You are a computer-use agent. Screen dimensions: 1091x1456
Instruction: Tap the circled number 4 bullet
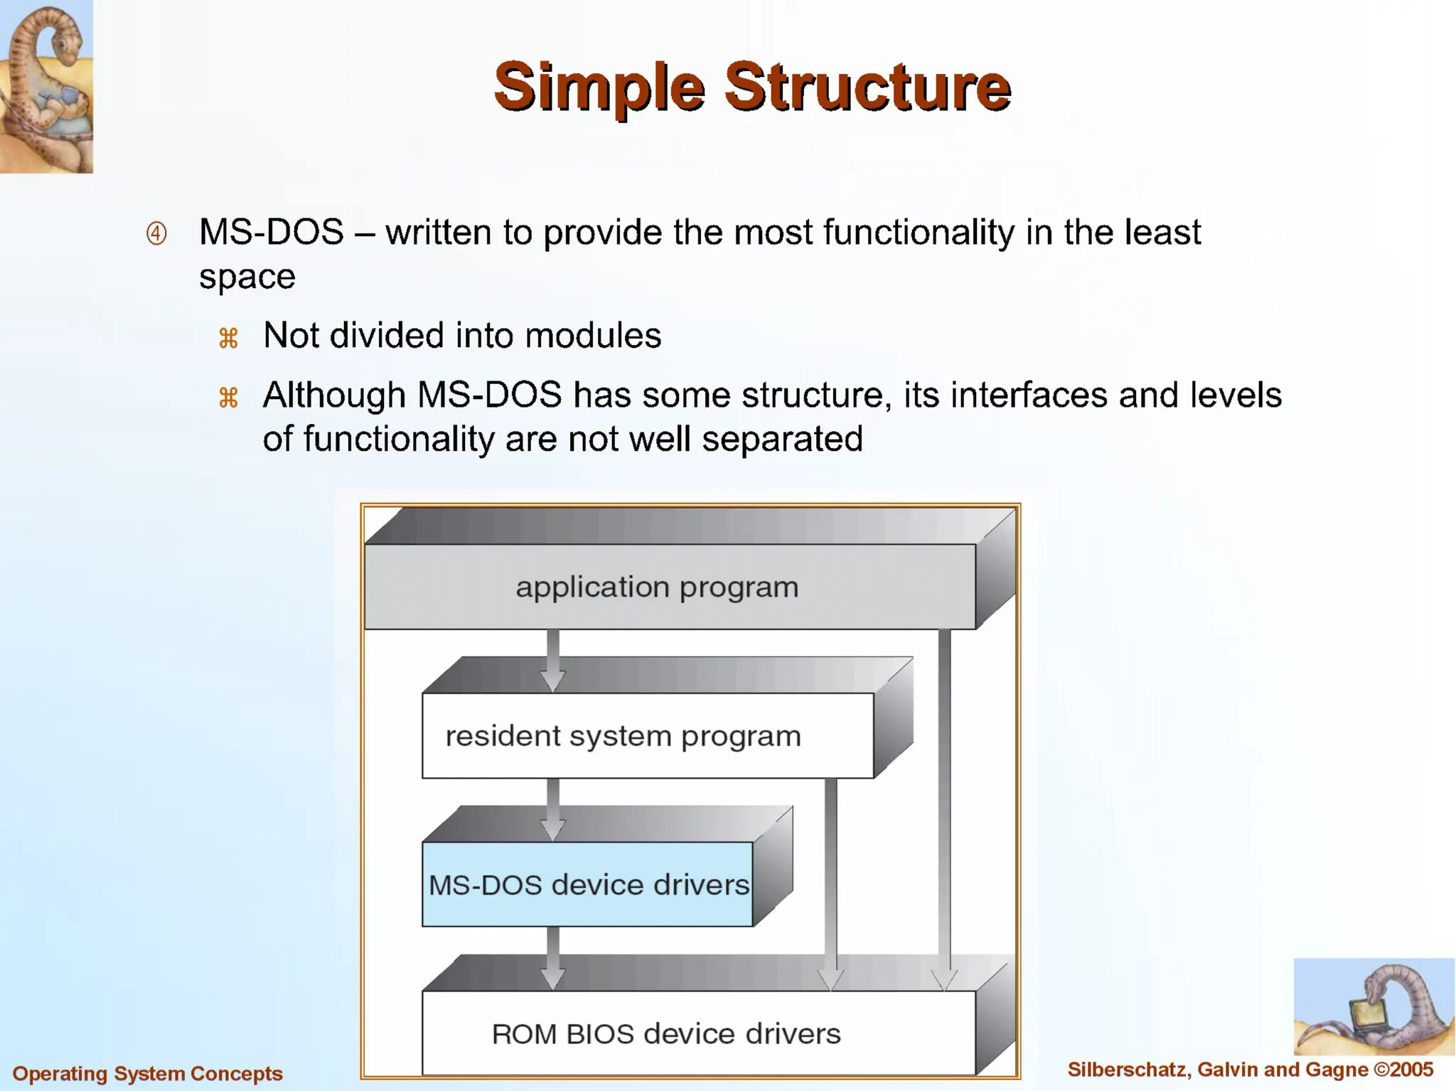coord(156,233)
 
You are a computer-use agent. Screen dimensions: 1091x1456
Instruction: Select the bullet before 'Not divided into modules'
coord(228,337)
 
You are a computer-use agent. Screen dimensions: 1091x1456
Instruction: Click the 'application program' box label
coord(657,587)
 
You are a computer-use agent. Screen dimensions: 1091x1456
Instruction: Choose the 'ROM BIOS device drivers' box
coord(665,1033)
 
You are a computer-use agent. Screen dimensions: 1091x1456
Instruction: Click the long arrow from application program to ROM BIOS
coord(944,804)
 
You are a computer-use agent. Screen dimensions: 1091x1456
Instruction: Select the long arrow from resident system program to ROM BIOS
coord(830,882)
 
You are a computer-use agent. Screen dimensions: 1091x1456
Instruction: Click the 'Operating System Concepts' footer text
coord(148,1073)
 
